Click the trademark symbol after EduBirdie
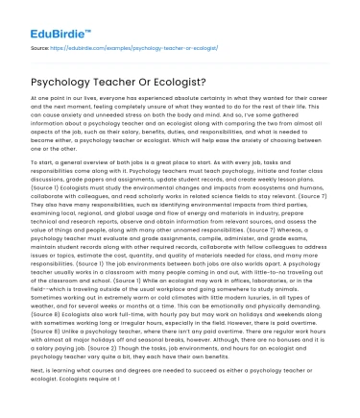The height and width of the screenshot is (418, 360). (x=87, y=14)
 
